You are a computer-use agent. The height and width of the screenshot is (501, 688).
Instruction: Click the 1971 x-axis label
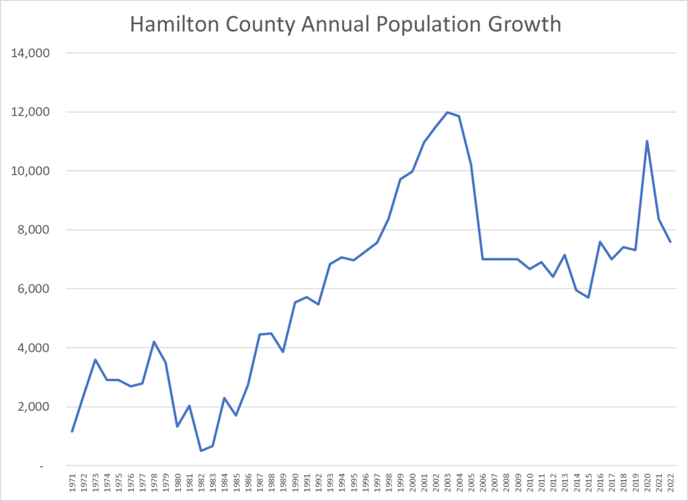click(x=72, y=483)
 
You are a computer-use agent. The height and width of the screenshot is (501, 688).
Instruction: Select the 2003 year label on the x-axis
click(x=447, y=483)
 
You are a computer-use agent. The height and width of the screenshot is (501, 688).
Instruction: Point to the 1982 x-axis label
click(x=201, y=483)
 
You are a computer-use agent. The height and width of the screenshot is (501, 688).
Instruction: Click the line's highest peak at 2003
click(x=447, y=112)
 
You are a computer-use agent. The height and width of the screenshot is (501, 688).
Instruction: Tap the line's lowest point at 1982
click(x=201, y=451)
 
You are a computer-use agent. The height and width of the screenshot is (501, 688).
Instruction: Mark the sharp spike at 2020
click(x=646, y=141)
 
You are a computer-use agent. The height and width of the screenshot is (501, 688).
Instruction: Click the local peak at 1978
click(x=154, y=342)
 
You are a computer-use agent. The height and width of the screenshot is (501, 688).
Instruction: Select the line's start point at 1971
click(x=72, y=431)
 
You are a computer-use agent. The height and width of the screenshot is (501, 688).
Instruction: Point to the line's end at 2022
click(x=670, y=241)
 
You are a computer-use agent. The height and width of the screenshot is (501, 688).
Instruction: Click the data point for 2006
click(x=482, y=259)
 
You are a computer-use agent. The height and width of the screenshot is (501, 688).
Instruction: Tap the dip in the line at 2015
click(x=588, y=297)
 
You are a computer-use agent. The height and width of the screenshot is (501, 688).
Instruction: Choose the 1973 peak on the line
click(x=95, y=360)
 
